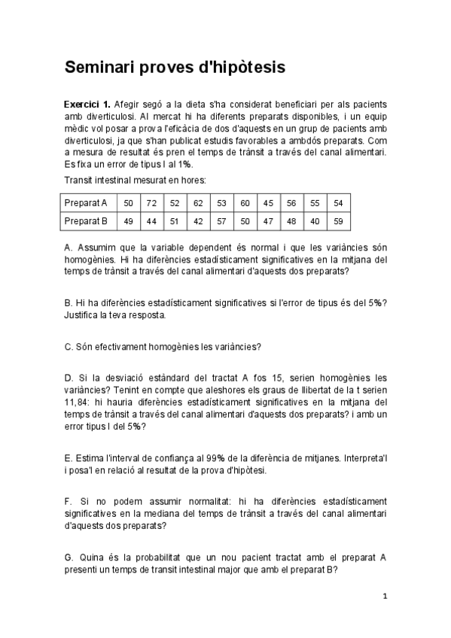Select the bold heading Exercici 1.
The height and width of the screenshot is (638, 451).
87,105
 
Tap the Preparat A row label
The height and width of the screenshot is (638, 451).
86,203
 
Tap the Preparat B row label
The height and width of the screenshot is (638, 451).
86,221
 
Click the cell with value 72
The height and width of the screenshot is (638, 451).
151,203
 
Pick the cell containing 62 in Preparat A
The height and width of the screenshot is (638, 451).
198,203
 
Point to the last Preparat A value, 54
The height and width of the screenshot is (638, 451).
338,203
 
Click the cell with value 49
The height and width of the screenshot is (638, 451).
128,221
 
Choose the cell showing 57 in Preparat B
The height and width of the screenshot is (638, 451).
221,221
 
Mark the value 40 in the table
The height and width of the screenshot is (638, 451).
315,221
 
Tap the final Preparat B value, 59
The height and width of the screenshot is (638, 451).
338,221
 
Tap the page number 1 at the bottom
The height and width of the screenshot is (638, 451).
385,597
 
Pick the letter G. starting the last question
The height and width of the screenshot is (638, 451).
69,557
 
